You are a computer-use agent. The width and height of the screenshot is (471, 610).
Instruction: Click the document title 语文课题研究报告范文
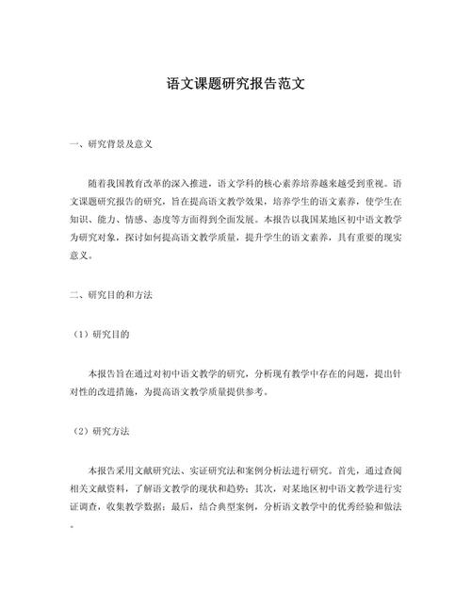(235, 84)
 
